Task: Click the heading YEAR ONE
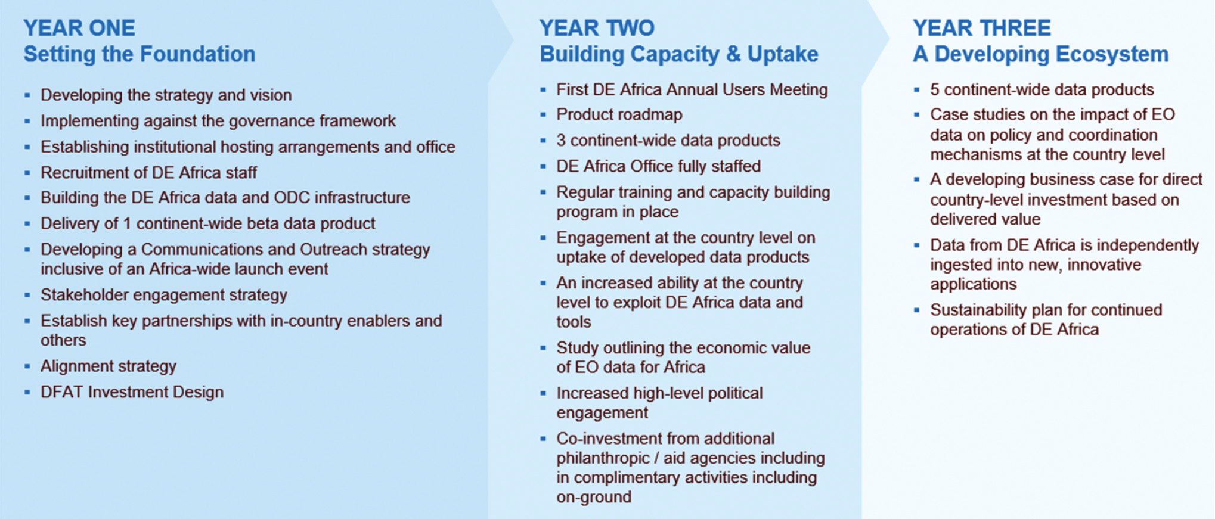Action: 79,28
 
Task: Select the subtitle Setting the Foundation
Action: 140,54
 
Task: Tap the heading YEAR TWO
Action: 597,28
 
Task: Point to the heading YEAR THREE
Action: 981,28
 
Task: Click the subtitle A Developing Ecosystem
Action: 1040,54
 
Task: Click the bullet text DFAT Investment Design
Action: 132,392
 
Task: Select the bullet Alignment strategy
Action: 108,366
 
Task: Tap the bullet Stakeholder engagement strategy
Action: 163,295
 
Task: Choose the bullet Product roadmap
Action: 619,114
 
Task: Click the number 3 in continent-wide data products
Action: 560,141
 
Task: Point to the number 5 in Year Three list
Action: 934,90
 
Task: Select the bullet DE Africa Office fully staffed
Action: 658,166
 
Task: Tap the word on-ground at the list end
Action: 593,497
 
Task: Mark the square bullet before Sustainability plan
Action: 917,310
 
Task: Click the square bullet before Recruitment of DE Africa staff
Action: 27,173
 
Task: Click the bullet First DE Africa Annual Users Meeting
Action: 692,90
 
